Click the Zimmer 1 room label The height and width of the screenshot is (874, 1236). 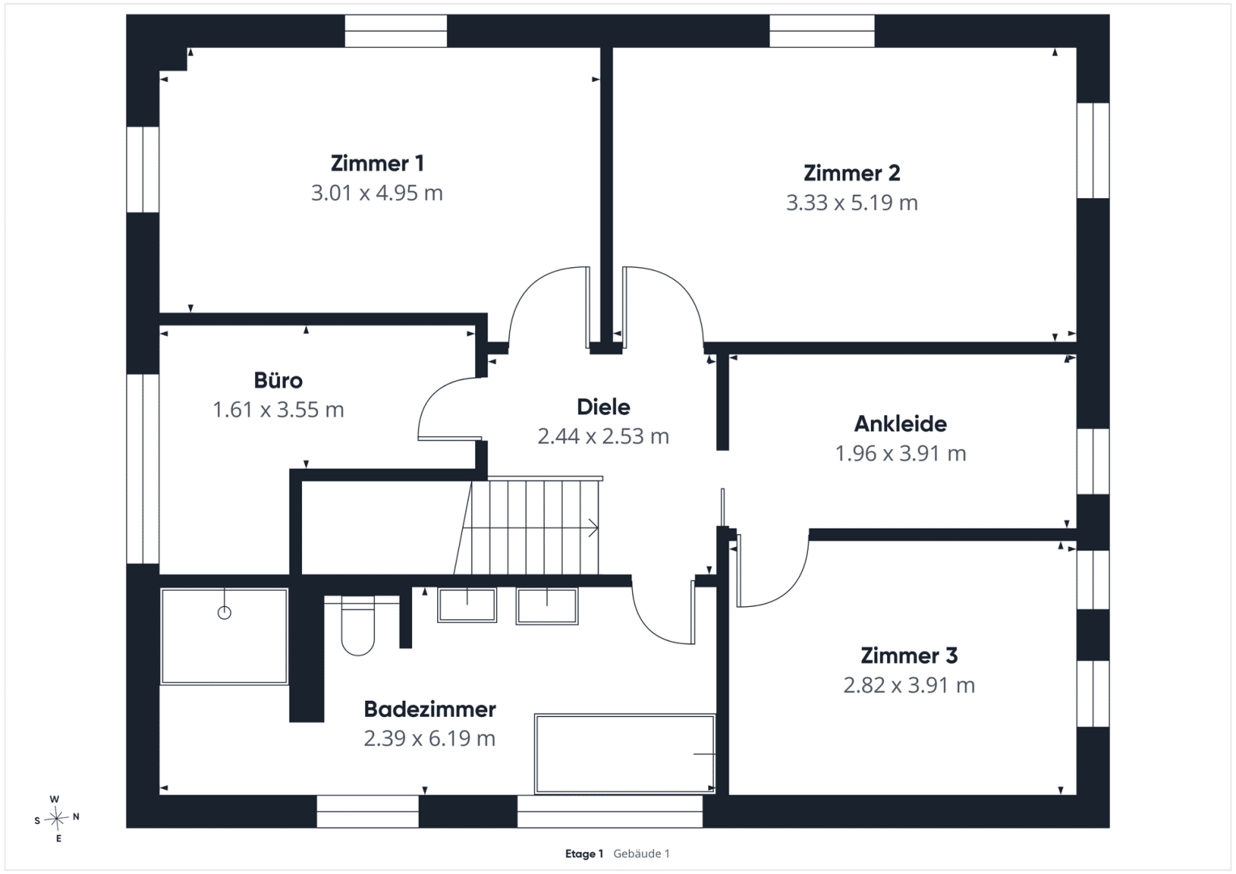coord(377,163)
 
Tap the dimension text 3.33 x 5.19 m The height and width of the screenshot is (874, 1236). coord(852,203)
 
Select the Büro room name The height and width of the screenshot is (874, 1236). coord(278,380)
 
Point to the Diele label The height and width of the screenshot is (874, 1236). coord(603,407)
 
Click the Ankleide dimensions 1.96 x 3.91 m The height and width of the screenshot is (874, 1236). coord(901,453)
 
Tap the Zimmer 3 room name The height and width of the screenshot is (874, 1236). coord(909,655)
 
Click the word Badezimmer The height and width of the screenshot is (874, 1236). coord(430,710)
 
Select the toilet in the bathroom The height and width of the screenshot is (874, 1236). coord(358,626)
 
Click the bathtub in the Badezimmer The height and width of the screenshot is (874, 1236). coord(625,753)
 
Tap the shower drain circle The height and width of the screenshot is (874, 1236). coord(224,613)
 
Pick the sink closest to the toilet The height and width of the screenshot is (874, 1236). coord(467,605)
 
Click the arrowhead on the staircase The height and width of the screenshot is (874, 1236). coord(594,528)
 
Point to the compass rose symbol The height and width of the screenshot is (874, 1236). coord(57,818)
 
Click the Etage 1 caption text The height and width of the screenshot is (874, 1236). coord(584,854)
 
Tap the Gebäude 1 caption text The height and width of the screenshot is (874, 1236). coord(641,854)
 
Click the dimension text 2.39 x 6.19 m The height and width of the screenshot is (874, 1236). coord(430,738)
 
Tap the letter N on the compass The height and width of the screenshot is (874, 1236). coord(76,817)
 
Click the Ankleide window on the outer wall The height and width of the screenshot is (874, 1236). coord(1093,461)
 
